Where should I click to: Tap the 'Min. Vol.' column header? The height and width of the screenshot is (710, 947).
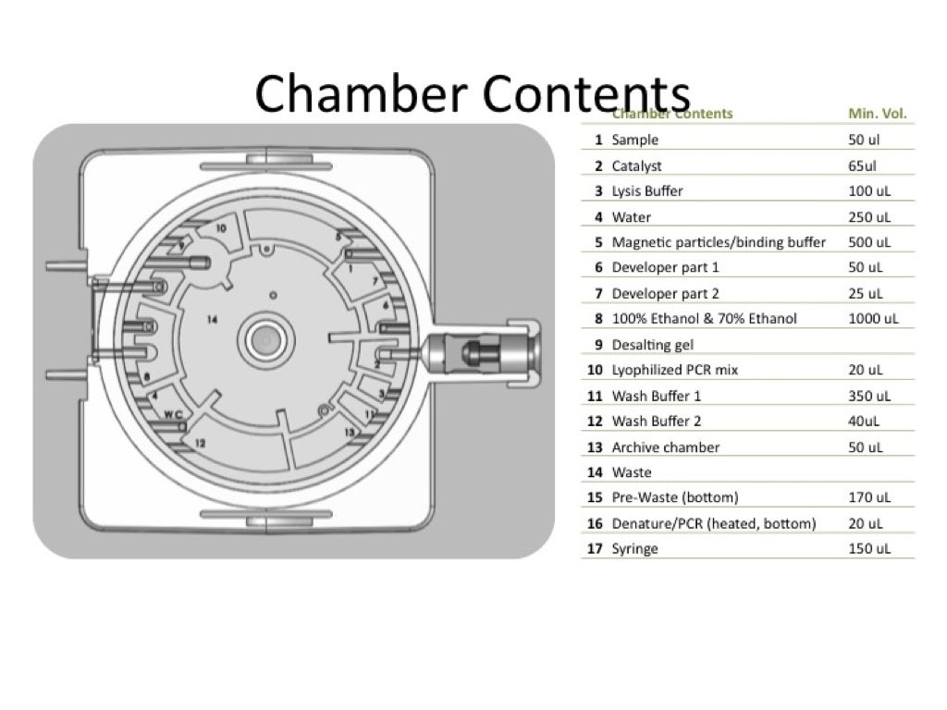[877, 115]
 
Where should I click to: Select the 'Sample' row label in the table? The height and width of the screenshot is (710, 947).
[634, 141]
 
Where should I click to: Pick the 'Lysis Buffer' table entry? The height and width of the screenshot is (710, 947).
[647, 191]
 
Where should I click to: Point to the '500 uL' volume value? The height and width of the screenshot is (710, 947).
[869, 242]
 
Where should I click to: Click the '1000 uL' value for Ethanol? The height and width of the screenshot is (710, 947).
[873, 319]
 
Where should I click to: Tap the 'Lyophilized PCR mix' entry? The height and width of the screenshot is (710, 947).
[675, 371]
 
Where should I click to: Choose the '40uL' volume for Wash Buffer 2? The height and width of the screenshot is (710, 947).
[864, 422]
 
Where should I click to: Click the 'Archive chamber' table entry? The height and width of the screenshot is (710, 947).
[665, 447]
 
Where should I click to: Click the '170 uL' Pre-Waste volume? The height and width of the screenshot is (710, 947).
[869, 498]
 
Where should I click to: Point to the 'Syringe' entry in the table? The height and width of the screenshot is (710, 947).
[634, 549]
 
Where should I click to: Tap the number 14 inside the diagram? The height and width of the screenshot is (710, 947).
[212, 320]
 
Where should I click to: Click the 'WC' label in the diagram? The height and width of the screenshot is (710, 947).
[173, 414]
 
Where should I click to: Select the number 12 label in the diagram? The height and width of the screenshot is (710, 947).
[200, 444]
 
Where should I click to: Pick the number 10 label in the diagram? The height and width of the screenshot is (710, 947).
[220, 227]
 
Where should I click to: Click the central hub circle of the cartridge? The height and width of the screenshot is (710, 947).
[265, 338]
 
